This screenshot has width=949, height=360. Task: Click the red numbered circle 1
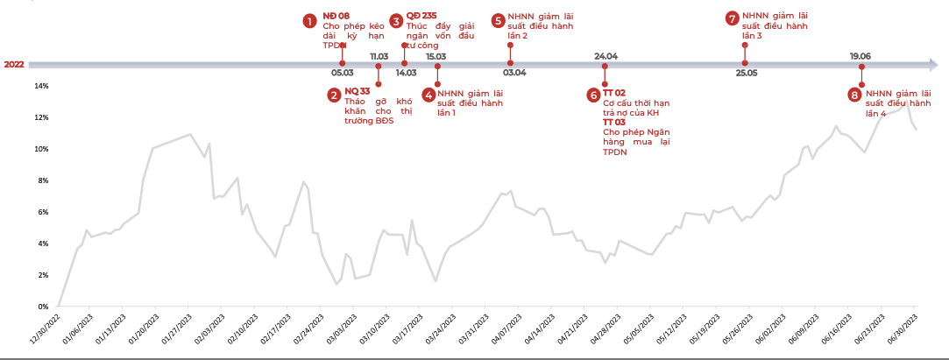pos(309,20)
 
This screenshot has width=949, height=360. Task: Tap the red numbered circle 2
pos(334,95)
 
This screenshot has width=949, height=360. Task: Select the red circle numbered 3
pos(396,20)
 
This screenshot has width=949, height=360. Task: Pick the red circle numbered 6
pos(593,95)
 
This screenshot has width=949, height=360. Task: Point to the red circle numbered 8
pos(854,95)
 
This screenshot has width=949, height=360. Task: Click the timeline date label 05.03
pos(343,73)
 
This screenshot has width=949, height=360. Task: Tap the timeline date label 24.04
pos(606,56)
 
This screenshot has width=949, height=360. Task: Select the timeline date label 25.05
pos(747,73)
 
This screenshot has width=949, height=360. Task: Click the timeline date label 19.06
pos(860,56)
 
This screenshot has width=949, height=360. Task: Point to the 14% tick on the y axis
pos(41,86)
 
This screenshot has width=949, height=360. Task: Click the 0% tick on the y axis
pos(43,307)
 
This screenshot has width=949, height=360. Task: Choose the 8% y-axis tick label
pos(43,180)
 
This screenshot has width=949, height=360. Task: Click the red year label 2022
pos(14,65)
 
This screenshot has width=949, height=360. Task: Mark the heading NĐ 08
pos(336,17)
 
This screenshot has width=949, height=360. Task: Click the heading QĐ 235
pos(421,17)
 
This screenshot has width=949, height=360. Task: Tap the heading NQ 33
pos(357,90)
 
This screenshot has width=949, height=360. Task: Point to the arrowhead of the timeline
pos(931,65)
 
